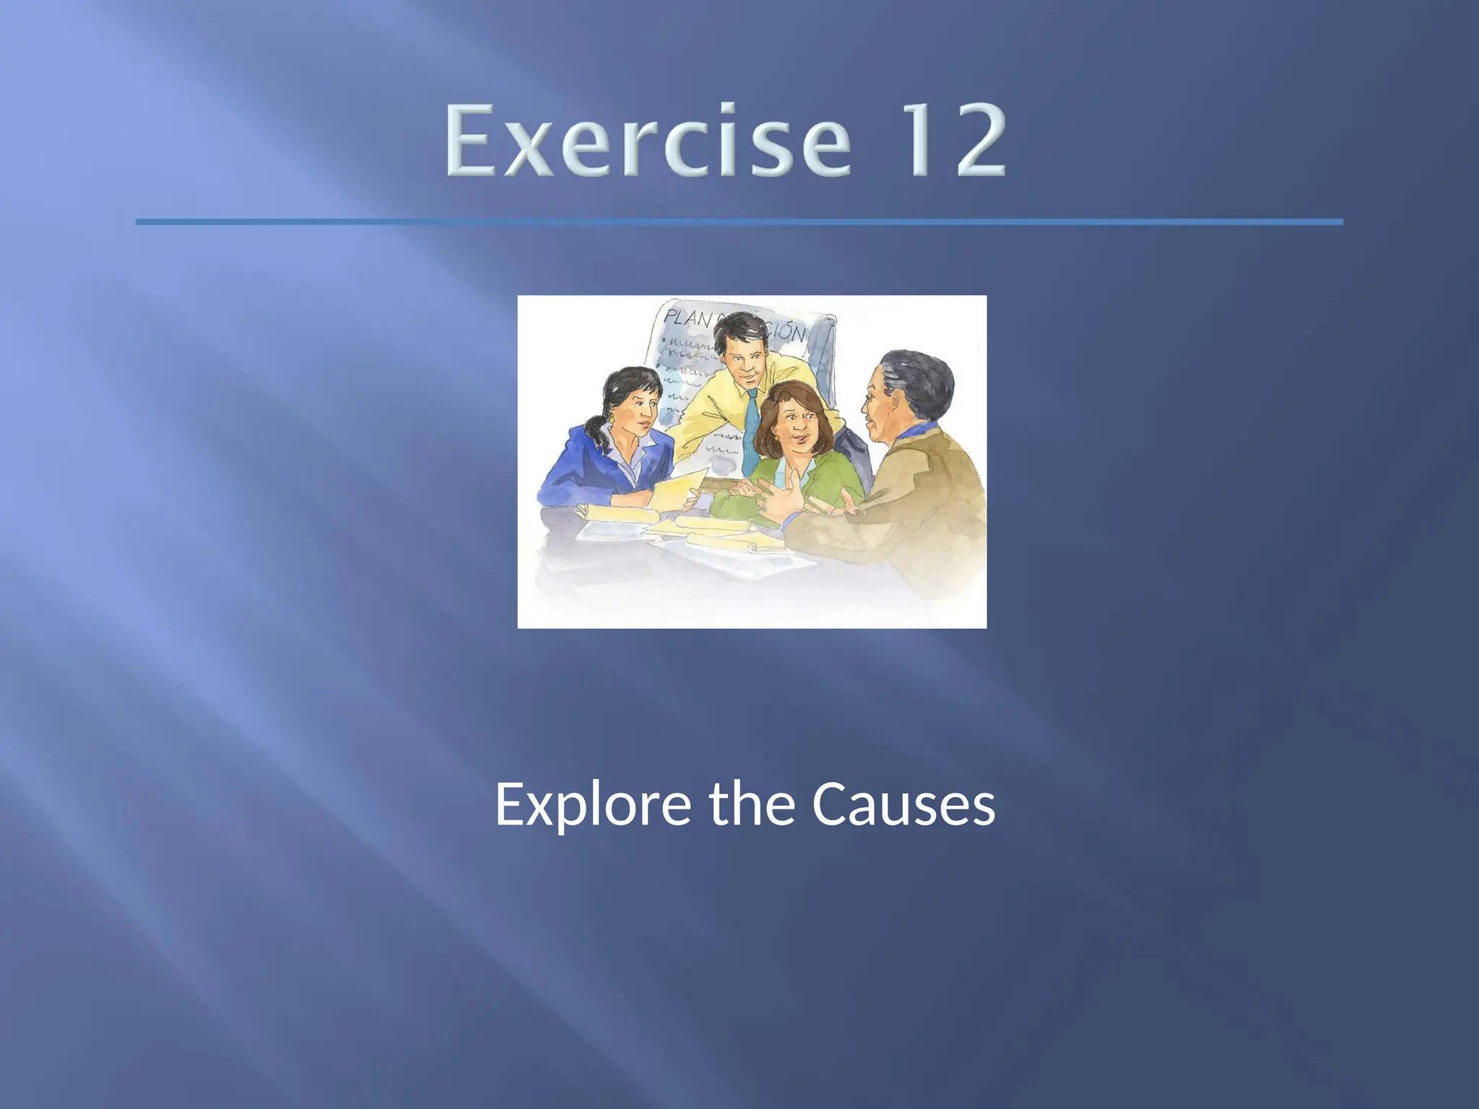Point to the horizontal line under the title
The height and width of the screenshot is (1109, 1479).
coord(739,222)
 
